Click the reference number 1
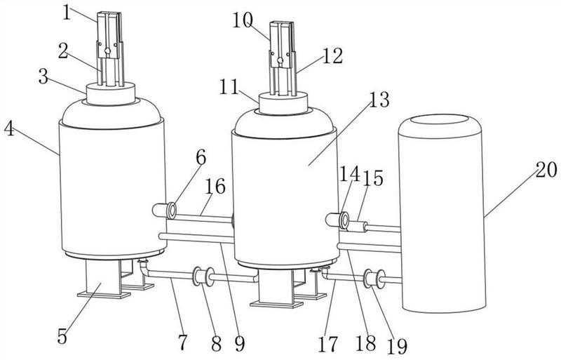(67, 13)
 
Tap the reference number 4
(9, 129)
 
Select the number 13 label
(379, 100)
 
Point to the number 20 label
(546, 169)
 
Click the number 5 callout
(62, 337)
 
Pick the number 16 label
(215, 186)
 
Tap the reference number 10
(243, 20)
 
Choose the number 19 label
(397, 347)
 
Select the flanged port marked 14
(338, 220)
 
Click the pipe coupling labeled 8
(203, 276)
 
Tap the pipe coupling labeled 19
(374, 279)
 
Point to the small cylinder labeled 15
(358, 227)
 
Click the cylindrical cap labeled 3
(111, 94)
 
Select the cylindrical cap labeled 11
(283, 103)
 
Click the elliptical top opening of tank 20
(440, 119)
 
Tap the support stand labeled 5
(103, 279)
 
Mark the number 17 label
(327, 345)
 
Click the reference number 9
(240, 344)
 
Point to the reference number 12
(332, 56)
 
